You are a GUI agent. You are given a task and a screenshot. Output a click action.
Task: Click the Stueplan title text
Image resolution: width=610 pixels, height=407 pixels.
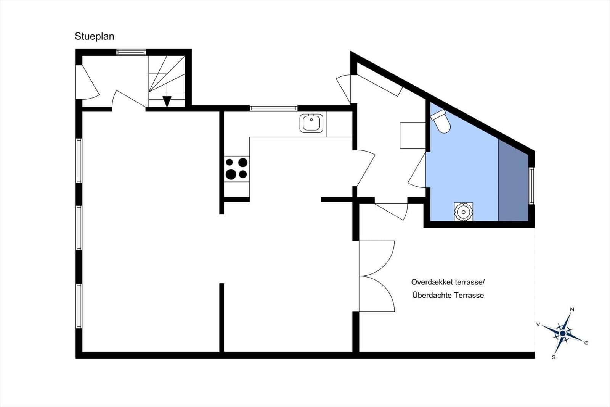point(95,36)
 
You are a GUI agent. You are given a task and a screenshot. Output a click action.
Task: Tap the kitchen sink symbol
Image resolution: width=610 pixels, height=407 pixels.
point(311,123)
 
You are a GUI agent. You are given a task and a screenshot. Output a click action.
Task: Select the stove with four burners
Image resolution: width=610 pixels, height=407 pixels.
point(237,168)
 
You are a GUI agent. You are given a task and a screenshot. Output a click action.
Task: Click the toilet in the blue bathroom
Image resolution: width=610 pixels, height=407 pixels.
point(441,121)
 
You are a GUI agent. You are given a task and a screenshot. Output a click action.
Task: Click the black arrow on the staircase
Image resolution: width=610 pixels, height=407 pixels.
point(167,101)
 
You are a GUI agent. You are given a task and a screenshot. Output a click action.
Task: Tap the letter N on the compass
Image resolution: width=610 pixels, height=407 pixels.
point(572,309)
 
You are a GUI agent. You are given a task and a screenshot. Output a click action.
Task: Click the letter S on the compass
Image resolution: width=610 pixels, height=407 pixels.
point(554,357)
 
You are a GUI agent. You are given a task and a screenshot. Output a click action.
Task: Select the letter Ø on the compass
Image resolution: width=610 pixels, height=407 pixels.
point(586,343)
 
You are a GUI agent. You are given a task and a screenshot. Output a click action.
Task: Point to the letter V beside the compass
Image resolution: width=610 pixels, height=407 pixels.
point(538,325)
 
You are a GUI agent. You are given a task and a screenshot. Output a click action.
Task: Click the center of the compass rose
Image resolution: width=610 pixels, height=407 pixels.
point(563,333)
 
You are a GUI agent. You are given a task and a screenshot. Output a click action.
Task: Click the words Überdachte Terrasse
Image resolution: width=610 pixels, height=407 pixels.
point(448,295)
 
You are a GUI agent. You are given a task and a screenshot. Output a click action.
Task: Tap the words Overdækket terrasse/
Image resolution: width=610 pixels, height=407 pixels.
point(448,282)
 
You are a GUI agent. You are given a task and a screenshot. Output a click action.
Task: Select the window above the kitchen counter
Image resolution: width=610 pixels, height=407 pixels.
point(273,108)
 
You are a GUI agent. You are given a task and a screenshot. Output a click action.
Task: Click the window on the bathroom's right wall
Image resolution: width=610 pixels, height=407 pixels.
point(531,186)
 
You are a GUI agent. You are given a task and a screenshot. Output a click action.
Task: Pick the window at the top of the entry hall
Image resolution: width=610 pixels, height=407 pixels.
point(131,52)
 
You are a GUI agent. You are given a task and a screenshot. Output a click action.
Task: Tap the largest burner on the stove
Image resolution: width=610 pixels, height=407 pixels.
point(231,174)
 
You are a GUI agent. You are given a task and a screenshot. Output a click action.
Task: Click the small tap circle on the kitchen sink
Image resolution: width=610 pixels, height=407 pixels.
point(311,119)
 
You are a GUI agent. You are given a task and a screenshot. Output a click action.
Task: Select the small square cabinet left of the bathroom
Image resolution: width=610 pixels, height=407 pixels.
point(413,135)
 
